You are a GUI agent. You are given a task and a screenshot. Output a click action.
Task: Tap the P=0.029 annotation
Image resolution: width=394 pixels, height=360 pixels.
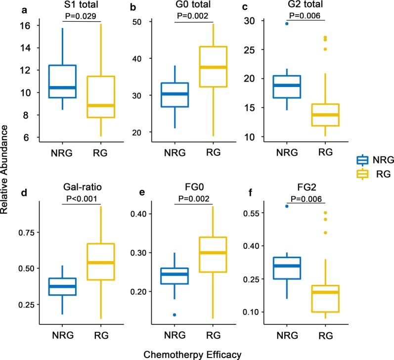tap(82, 16)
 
